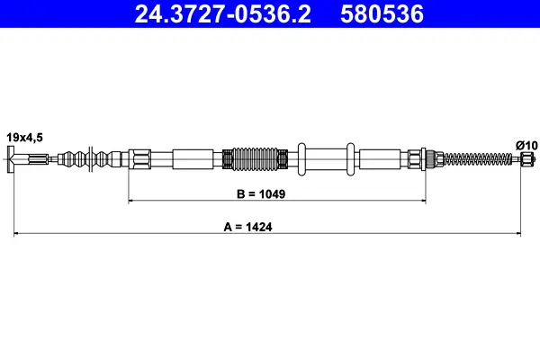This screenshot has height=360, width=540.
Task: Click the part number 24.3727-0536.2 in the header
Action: coord(223,14)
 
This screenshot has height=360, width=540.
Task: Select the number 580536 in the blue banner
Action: coord(382,14)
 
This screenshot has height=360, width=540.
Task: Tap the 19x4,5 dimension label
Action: coord(25,138)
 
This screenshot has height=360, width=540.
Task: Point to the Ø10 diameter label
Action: coord(526,146)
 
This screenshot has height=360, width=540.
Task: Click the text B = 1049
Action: coord(261,194)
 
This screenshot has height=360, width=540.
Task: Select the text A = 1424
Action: coord(248,227)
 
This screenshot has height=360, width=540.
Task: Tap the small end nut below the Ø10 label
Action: coord(527,159)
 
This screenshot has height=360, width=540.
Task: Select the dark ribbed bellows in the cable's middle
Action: coord(255,158)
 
